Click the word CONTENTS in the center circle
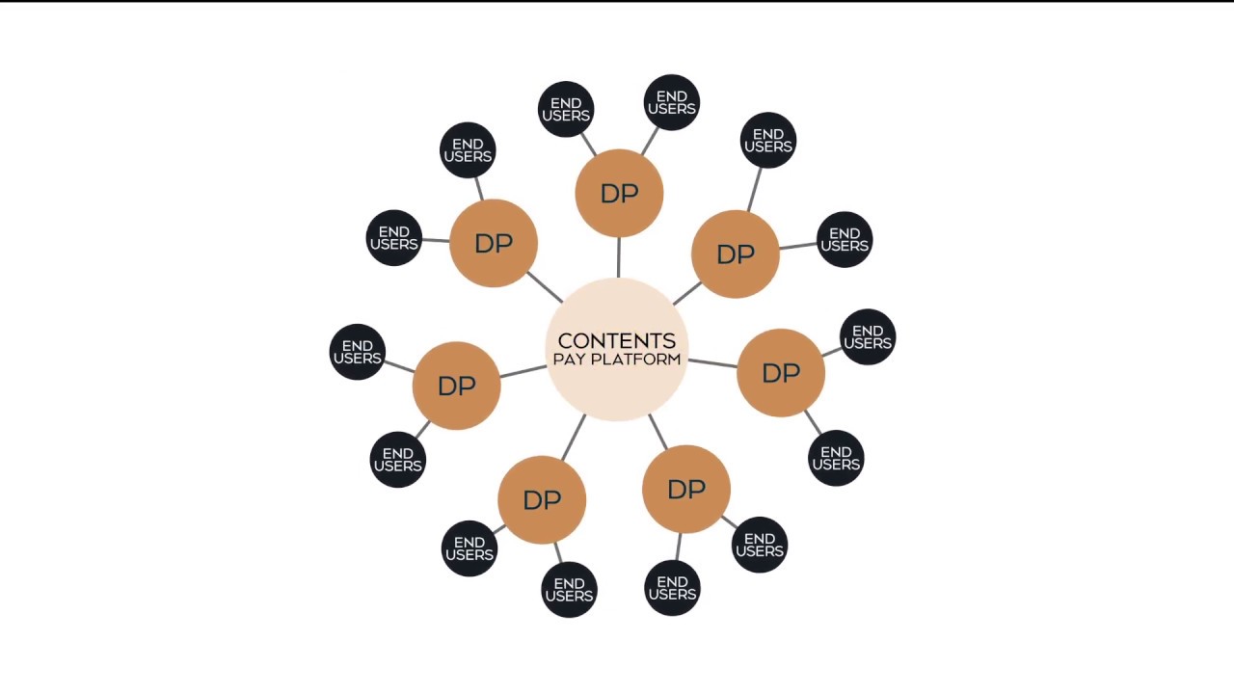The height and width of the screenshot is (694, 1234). click(x=617, y=340)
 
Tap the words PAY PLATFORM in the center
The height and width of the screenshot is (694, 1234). click(x=617, y=360)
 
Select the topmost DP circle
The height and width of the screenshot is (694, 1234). click(x=619, y=193)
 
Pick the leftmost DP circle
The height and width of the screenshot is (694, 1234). click(x=456, y=386)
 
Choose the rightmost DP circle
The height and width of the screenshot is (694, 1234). click(x=781, y=373)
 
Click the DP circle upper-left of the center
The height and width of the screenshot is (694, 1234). click(x=494, y=243)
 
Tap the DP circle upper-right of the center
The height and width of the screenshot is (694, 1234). click(x=736, y=254)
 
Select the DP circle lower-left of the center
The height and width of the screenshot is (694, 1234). click(x=542, y=499)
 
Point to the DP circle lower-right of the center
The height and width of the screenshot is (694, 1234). click(x=686, y=490)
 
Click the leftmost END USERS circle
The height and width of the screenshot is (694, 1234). click(x=357, y=352)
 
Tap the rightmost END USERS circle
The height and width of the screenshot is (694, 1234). click(x=868, y=337)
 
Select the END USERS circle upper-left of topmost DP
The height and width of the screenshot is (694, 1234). click(x=566, y=109)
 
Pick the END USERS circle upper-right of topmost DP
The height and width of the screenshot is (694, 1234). click(x=672, y=102)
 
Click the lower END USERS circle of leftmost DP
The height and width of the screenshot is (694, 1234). click(x=398, y=460)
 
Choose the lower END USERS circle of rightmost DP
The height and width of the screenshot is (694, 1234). click(x=836, y=458)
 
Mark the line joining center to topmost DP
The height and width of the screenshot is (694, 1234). click(x=618, y=256)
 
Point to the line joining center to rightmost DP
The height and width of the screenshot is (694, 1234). click(x=712, y=363)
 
